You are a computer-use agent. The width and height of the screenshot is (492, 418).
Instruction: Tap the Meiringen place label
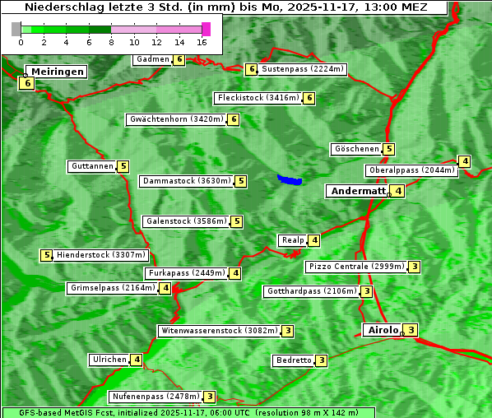click(58, 72)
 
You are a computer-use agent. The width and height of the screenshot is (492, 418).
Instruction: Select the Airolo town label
click(383, 330)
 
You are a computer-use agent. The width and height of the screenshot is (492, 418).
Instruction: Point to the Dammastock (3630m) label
click(186, 181)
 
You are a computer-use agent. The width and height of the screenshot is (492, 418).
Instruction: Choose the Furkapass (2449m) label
click(185, 273)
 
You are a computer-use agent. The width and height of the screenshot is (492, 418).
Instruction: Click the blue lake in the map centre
click(290, 179)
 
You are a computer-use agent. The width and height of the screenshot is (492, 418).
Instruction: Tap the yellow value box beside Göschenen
click(389, 149)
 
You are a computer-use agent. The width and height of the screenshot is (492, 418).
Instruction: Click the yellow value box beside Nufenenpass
click(210, 397)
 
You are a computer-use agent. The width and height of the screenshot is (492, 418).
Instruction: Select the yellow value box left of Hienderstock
click(47, 255)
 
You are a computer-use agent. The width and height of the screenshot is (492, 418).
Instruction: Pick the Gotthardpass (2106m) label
click(311, 291)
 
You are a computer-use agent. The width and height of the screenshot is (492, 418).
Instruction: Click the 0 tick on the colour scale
click(20, 42)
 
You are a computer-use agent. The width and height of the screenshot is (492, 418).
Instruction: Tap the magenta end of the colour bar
click(206, 29)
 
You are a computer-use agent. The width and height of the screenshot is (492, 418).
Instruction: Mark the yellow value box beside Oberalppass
click(465, 161)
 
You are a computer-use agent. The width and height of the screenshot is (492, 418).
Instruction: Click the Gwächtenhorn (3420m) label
click(176, 119)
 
